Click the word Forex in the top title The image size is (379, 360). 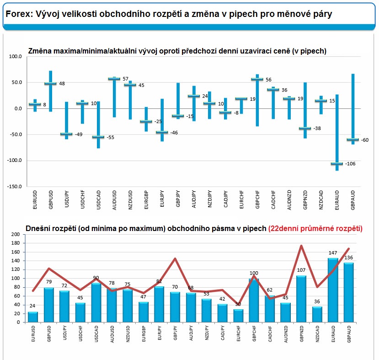click(x=18, y=15)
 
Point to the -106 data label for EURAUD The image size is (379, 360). click(x=350, y=163)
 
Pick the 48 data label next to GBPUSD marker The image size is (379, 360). click(x=62, y=84)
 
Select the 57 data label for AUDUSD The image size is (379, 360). click(x=125, y=79)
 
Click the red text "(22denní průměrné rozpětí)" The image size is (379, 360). click(x=315, y=228)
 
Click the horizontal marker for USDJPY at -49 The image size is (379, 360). click(x=66, y=134)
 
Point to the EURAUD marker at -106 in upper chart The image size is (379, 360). click(x=336, y=163)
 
